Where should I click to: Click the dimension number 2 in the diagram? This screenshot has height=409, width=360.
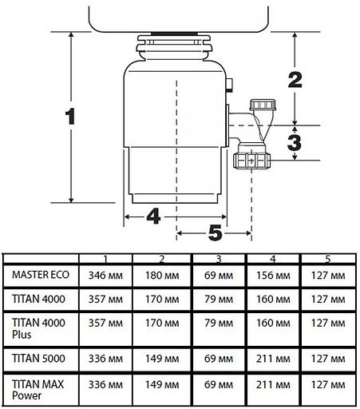(295, 78)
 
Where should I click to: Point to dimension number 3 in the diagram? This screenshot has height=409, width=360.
(295, 143)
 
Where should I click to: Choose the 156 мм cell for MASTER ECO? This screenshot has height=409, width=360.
(273, 275)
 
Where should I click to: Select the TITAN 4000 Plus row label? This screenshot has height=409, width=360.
(37, 328)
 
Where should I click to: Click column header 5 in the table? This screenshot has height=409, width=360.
(327, 258)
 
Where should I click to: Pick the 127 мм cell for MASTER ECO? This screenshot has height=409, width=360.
(327, 275)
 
